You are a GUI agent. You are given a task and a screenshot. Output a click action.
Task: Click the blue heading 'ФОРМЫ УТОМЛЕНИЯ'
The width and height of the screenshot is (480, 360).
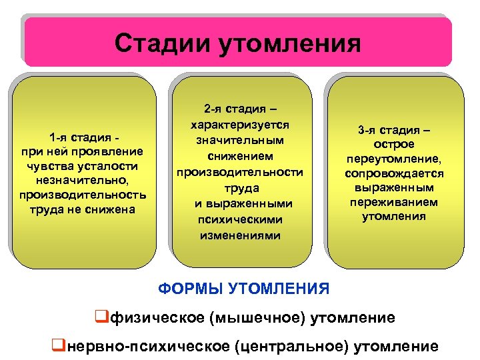point(244,289)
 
